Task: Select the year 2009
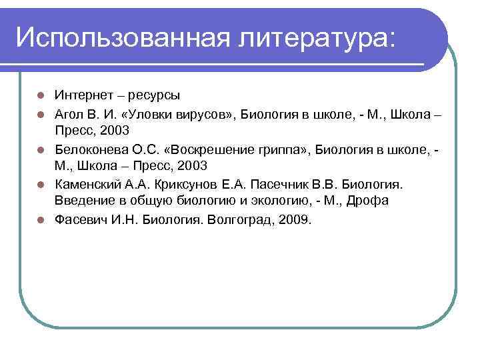coord(295,219)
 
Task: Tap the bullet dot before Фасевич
coord(41,219)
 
